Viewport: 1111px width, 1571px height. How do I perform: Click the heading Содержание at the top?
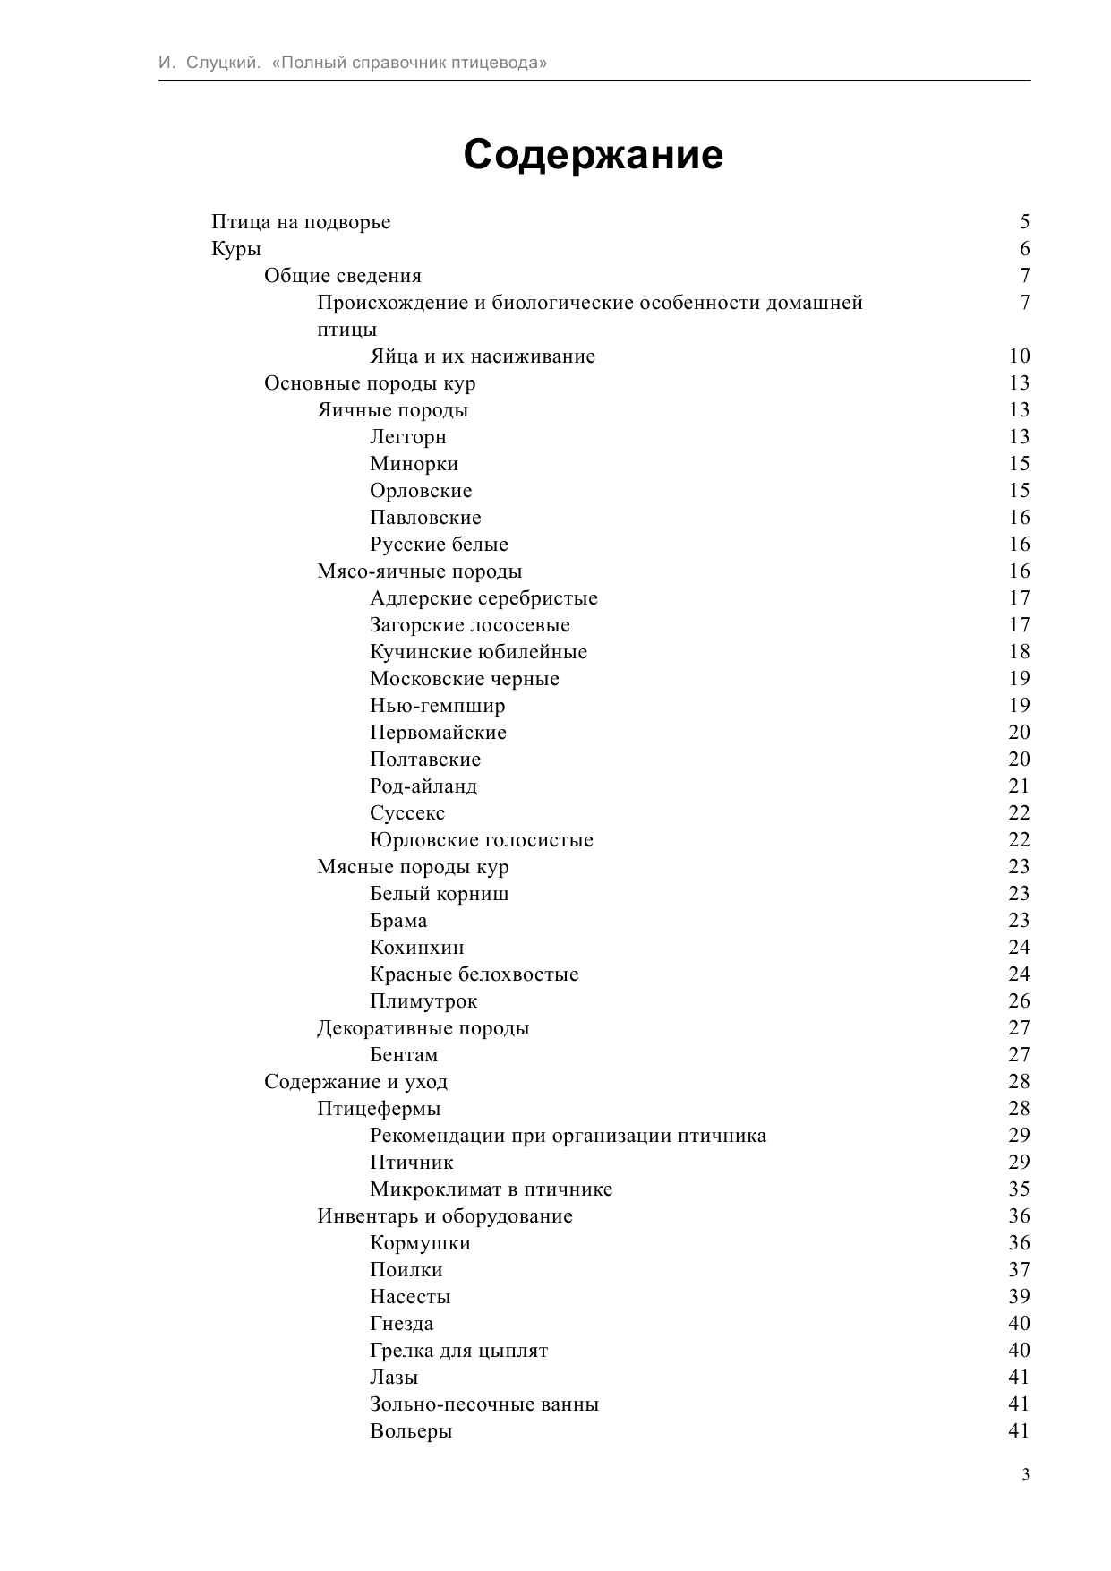pyautogui.click(x=593, y=155)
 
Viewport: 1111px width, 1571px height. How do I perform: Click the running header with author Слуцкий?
pyautogui.click(x=353, y=63)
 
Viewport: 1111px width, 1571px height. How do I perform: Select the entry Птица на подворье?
pyautogui.click(x=301, y=222)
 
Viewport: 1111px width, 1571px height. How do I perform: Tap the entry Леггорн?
pyautogui.click(x=408, y=437)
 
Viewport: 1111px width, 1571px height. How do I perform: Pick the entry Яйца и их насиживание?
pyautogui.click(x=483, y=356)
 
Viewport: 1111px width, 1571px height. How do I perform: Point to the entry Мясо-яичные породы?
pyautogui.click(x=419, y=571)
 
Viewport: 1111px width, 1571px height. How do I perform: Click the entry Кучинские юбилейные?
pyautogui.click(x=478, y=652)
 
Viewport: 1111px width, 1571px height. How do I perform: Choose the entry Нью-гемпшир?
pyautogui.click(x=437, y=706)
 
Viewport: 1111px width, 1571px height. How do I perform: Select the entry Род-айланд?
pyautogui.click(x=423, y=786)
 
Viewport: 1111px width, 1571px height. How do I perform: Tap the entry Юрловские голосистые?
pyautogui.click(x=482, y=840)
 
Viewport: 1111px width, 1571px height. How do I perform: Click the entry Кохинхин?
pyautogui.click(x=417, y=948)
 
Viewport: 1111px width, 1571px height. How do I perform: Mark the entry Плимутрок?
pyautogui.click(x=423, y=1001)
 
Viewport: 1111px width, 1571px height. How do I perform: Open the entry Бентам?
pyautogui.click(x=404, y=1055)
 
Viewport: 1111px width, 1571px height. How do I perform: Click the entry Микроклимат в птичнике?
pyautogui.click(x=491, y=1189)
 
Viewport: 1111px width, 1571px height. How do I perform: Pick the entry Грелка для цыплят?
pyautogui.click(x=458, y=1351)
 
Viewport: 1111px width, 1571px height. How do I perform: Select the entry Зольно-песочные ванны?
pyautogui.click(x=484, y=1404)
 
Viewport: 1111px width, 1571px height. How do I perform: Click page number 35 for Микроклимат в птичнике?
pyautogui.click(x=1019, y=1189)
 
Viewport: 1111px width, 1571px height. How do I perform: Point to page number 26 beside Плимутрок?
pyautogui.click(x=1019, y=1001)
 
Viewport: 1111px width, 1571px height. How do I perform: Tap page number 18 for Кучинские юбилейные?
pyautogui.click(x=1019, y=652)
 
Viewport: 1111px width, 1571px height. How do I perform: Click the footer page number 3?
pyautogui.click(x=1025, y=1475)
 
